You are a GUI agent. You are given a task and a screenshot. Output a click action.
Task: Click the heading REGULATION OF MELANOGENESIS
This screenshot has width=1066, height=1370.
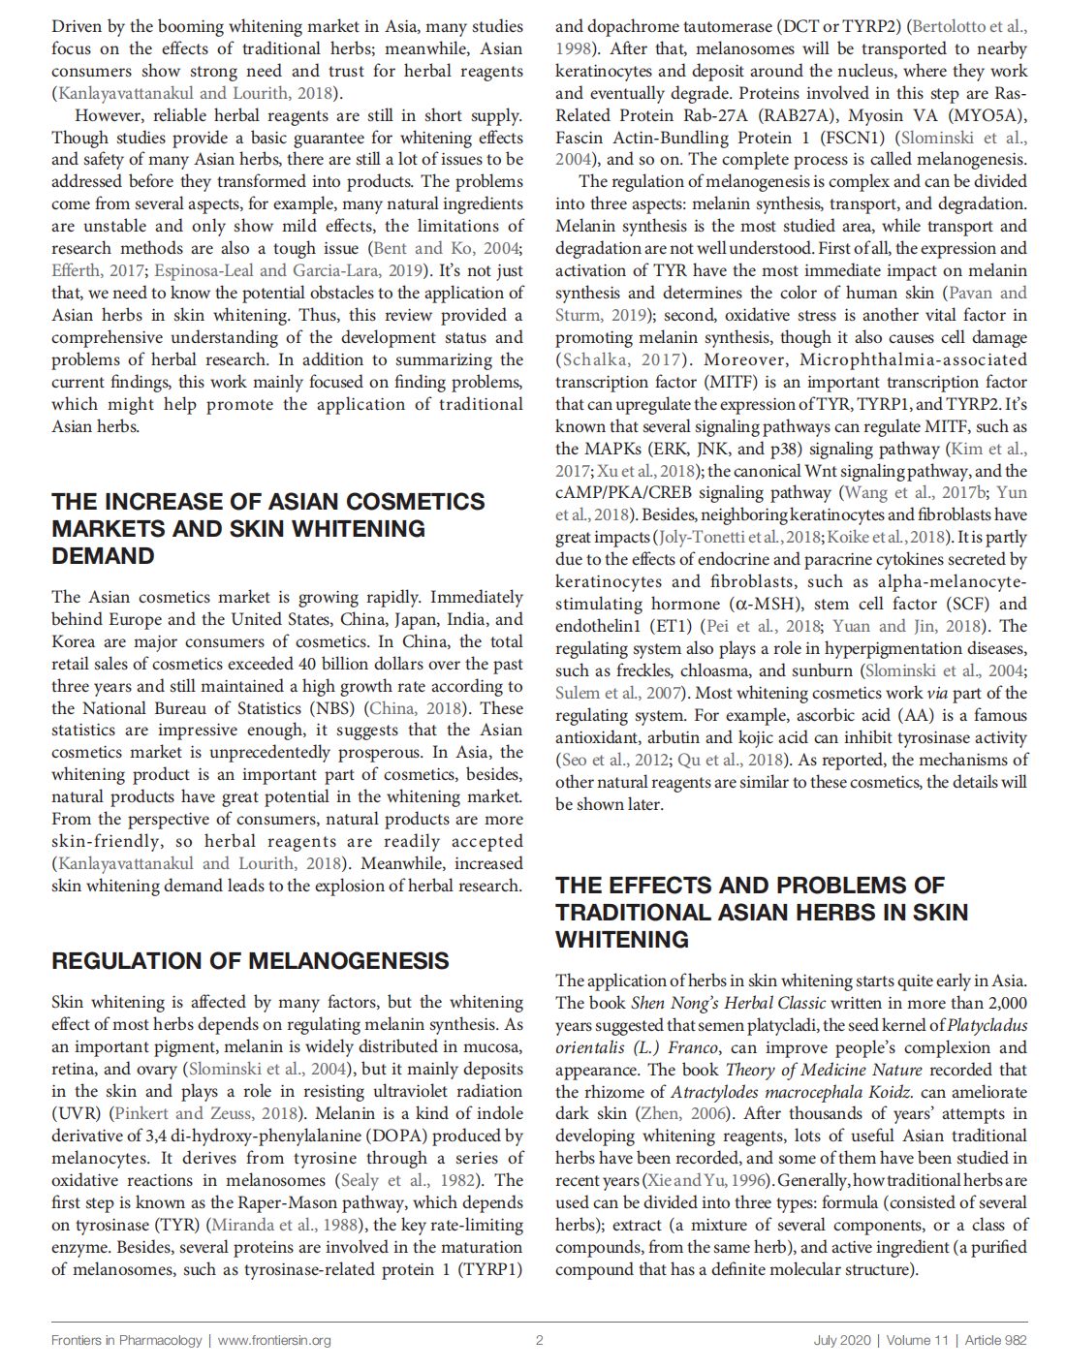tap(250, 961)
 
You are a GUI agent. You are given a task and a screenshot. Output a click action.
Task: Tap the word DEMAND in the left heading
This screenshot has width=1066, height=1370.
tap(103, 556)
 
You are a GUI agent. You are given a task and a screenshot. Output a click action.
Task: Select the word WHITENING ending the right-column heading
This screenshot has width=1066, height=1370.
tap(622, 940)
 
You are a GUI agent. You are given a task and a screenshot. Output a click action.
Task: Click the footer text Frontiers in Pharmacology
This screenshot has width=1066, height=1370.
tap(127, 1340)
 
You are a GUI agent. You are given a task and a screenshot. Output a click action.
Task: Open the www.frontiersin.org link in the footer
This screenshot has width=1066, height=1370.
tap(274, 1340)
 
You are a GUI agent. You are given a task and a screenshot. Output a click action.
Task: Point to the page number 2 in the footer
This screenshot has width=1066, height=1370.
tap(539, 1340)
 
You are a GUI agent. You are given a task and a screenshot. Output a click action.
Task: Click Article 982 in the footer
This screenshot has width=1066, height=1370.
tap(995, 1340)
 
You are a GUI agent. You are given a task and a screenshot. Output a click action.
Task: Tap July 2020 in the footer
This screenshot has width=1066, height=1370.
tap(842, 1340)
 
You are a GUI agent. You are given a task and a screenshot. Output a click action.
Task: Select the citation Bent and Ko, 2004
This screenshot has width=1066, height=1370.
tap(446, 248)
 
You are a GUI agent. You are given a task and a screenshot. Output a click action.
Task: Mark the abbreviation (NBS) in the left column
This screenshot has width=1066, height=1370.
tap(331, 708)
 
